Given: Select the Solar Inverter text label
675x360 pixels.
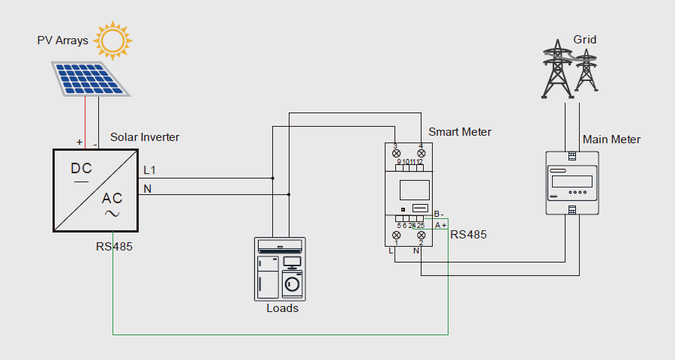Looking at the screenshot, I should coord(145,137).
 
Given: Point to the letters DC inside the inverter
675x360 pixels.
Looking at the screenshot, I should coord(81,168).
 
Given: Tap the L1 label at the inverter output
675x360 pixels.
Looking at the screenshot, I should coord(150,170).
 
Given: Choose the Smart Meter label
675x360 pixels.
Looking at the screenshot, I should coord(460,132).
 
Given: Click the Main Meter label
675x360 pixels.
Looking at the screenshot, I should coord(611,139).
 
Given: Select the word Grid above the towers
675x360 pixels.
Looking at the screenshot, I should coord(585,38).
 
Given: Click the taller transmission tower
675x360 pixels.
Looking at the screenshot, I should coord(556,71).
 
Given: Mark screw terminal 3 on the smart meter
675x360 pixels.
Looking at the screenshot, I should coord(396,152).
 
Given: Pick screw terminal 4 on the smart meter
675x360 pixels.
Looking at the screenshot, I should coord(421,152).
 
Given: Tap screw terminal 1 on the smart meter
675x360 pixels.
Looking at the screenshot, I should coord(396,235).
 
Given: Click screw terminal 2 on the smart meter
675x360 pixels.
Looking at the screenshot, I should coord(421,235).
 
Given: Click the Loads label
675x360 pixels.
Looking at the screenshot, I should coord(282,308).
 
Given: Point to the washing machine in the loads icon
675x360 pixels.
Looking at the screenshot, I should coord(292,284).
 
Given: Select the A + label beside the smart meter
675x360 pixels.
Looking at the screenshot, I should coord(440,225).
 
